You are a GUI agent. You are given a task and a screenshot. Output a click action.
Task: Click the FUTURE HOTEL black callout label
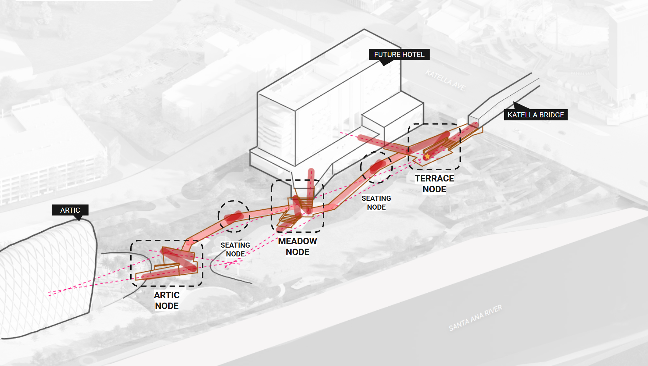pyautogui.click(x=399, y=55)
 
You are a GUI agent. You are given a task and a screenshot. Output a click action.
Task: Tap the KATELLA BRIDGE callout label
pyautogui.click(x=535, y=115)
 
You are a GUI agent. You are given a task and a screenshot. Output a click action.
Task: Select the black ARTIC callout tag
pyautogui.click(x=70, y=210)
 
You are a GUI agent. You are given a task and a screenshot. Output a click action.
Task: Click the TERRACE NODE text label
pyautogui.click(x=434, y=184)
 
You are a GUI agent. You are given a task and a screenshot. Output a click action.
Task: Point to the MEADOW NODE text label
pyautogui.click(x=297, y=247)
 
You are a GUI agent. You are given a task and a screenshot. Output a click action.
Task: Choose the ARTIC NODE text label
pyautogui.click(x=167, y=301)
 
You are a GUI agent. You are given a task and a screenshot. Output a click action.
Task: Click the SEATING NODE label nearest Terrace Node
pyautogui.click(x=376, y=203)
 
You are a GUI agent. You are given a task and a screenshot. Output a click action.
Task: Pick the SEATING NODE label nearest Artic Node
pyautogui.click(x=235, y=250)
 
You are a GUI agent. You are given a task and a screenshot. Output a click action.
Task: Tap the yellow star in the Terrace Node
pyautogui.click(x=427, y=156)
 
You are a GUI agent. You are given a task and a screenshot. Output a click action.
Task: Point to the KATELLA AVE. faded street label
pyautogui.click(x=446, y=80)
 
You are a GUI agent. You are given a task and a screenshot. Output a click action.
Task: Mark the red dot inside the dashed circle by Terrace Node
pyautogui.click(x=377, y=166)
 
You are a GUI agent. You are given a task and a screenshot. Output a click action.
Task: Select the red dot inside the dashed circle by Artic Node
pyautogui.click(x=234, y=217)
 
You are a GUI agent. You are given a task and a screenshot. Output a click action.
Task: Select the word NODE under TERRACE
pyautogui.click(x=434, y=189)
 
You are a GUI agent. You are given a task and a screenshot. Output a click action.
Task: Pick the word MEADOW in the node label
pyautogui.click(x=297, y=241)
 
